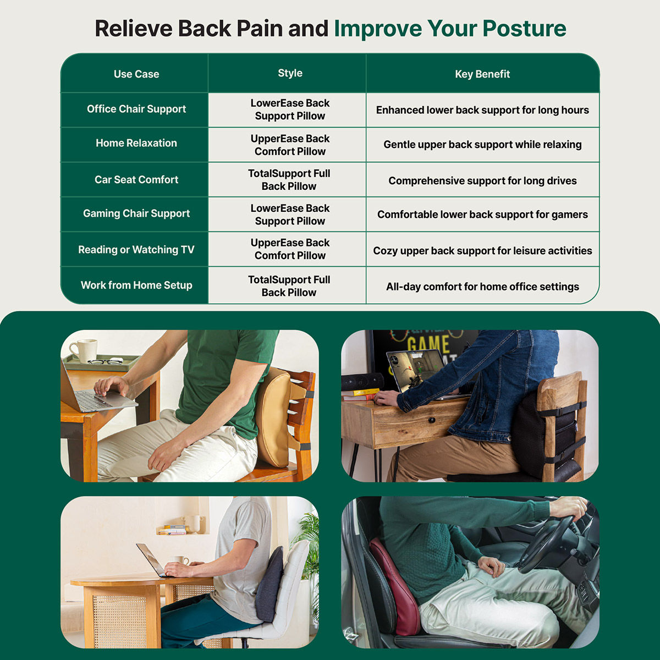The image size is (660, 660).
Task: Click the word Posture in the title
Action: coord(524,29)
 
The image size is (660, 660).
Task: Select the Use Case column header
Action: coord(136,74)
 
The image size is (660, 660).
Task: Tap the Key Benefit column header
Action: coord(482,74)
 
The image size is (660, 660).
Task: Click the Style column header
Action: coord(290,73)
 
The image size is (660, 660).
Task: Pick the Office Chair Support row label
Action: coord(136,109)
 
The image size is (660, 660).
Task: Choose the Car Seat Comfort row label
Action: coord(136,179)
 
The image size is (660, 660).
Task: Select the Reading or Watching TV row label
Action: coord(136,249)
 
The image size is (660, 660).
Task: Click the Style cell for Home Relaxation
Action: coord(290,145)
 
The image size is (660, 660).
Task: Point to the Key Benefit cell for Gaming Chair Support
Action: coord(482,215)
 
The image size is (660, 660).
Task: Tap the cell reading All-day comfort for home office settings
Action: coord(482,287)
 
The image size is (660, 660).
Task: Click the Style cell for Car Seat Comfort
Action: coord(289,180)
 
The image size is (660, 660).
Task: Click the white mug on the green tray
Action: coord(84,350)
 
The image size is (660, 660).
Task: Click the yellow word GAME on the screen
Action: coord(428,344)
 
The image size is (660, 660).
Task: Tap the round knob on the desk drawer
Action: coord(433,420)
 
